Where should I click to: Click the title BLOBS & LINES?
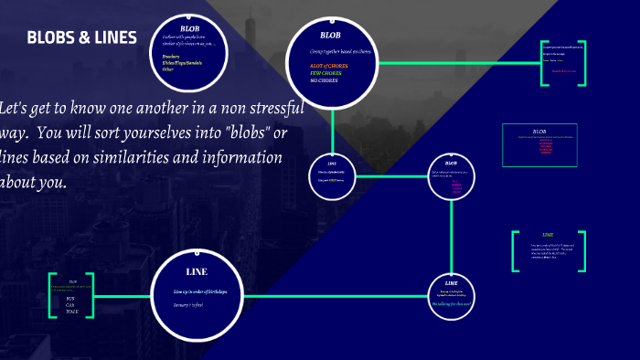(82, 37)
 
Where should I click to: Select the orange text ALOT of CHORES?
(330, 67)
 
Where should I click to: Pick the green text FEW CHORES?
(326, 73)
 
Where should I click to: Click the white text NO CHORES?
(324, 80)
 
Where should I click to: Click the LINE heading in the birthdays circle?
(197, 272)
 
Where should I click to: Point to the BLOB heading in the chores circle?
(330, 35)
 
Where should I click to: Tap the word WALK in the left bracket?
(71, 312)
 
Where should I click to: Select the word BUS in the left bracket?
(70, 299)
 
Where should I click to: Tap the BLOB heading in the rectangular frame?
(539, 131)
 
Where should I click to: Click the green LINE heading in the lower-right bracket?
(548, 235)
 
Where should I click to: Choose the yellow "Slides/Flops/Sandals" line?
(182, 62)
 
